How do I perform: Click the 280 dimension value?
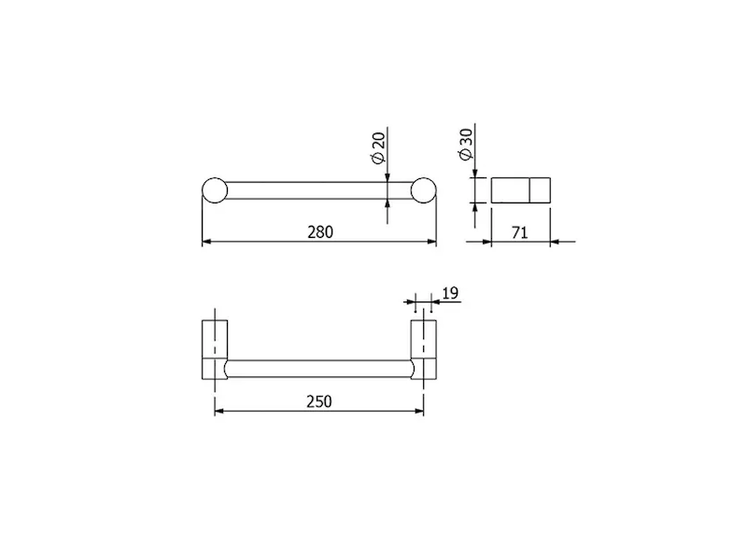click(320, 231)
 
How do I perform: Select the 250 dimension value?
click(318, 401)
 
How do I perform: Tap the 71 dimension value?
click(520, 232)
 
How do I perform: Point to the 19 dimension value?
click(450, 293)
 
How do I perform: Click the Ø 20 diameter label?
click(378, 148)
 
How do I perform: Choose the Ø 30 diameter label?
click(465, 145)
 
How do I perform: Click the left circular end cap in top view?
click(215, 190)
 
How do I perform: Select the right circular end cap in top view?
click(424, 190)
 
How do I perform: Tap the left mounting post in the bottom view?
click(215, 349)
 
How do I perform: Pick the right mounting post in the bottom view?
click(424, 349)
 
